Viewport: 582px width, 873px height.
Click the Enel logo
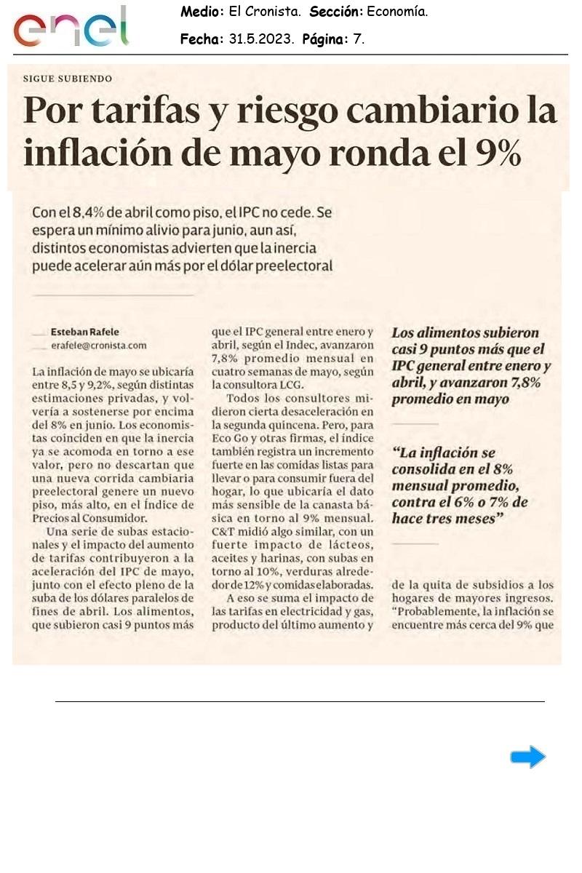tap(71, 28)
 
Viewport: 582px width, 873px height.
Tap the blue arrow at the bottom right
tap(527, 757)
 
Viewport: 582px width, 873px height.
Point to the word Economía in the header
tap(397, 12)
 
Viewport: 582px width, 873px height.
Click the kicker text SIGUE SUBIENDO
tap(68, 79)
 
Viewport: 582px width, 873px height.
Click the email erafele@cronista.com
tap(99, 346)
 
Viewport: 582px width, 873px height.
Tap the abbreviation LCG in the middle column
tap(290, 385)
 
